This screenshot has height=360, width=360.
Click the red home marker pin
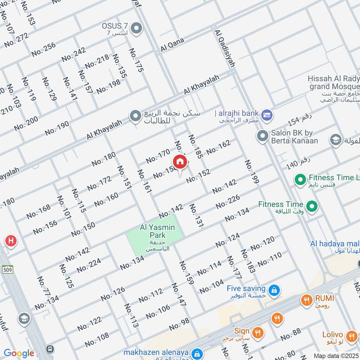click(180, 162)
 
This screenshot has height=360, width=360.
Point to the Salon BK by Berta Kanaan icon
click(262, 135)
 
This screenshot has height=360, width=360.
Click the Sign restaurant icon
click(258, 333)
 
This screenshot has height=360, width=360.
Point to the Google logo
click(19, 353)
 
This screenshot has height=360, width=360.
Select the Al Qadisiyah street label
click(225, 49)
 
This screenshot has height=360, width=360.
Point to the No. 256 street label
click(44, 49)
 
